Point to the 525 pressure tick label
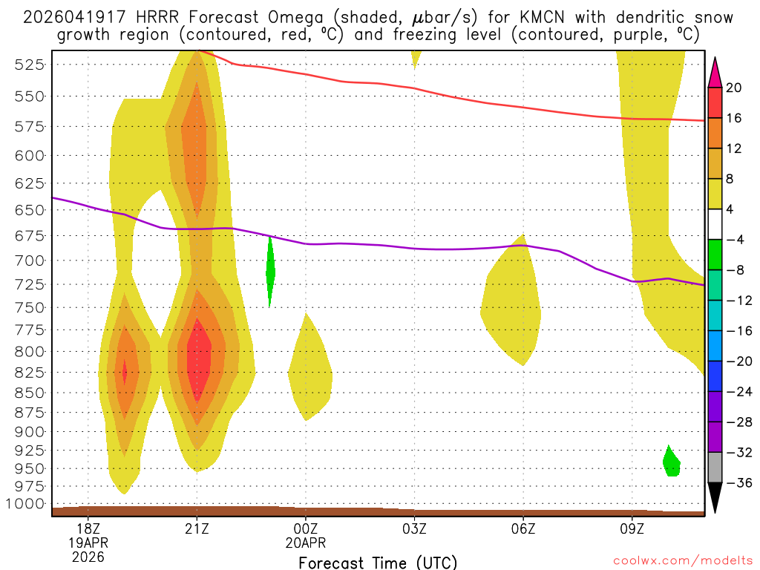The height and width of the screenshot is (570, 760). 29,65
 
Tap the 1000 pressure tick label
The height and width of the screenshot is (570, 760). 26,504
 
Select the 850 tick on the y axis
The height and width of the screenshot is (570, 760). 29,393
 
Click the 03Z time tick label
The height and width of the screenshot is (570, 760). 414,529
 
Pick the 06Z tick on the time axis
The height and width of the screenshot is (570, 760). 523,529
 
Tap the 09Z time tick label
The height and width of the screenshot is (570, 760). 632,529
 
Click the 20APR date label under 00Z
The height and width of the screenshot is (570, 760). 306,543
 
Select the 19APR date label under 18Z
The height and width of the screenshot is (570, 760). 88,543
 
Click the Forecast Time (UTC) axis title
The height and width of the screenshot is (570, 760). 378,562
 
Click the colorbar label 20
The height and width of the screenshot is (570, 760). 734,88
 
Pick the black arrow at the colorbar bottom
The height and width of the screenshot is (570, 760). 715,498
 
